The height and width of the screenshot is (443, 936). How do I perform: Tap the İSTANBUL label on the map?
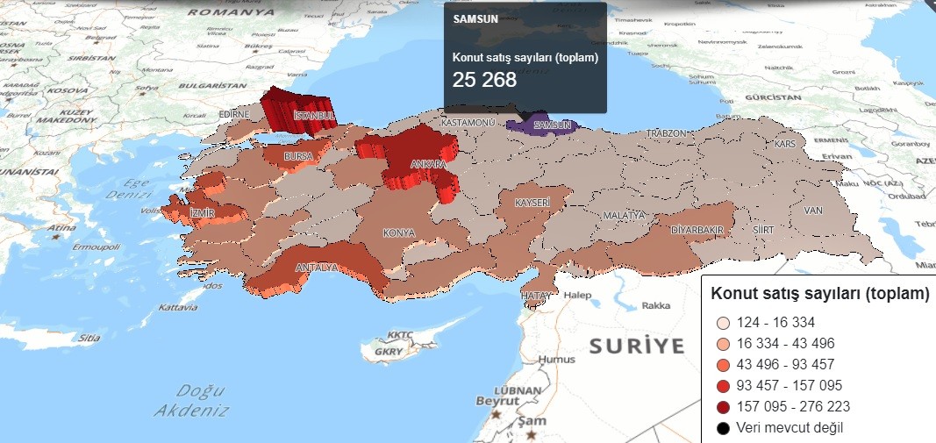click(x=315, y=115)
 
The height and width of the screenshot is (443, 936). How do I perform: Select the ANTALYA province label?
click(x=317, y=267)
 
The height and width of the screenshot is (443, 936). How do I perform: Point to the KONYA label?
click(x=398, y=233)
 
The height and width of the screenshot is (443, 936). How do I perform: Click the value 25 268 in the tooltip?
click(x=484, y=79)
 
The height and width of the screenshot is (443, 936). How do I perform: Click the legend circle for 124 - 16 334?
click(x=723, y=323)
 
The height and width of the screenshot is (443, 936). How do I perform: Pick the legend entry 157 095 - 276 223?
click(x=797, y=407)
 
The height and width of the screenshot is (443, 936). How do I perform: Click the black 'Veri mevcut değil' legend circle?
click(x=723, y=428)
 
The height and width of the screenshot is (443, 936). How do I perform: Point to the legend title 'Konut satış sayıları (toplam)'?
click(x=818, y=294)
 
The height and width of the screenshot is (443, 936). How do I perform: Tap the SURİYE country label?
click(x=636, y=346)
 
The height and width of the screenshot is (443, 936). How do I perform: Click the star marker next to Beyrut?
click(x=497, y=413)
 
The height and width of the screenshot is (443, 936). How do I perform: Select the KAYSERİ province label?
click(x=532, y=203)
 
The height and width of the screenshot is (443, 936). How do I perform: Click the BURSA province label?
click(x=299, y=156)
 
